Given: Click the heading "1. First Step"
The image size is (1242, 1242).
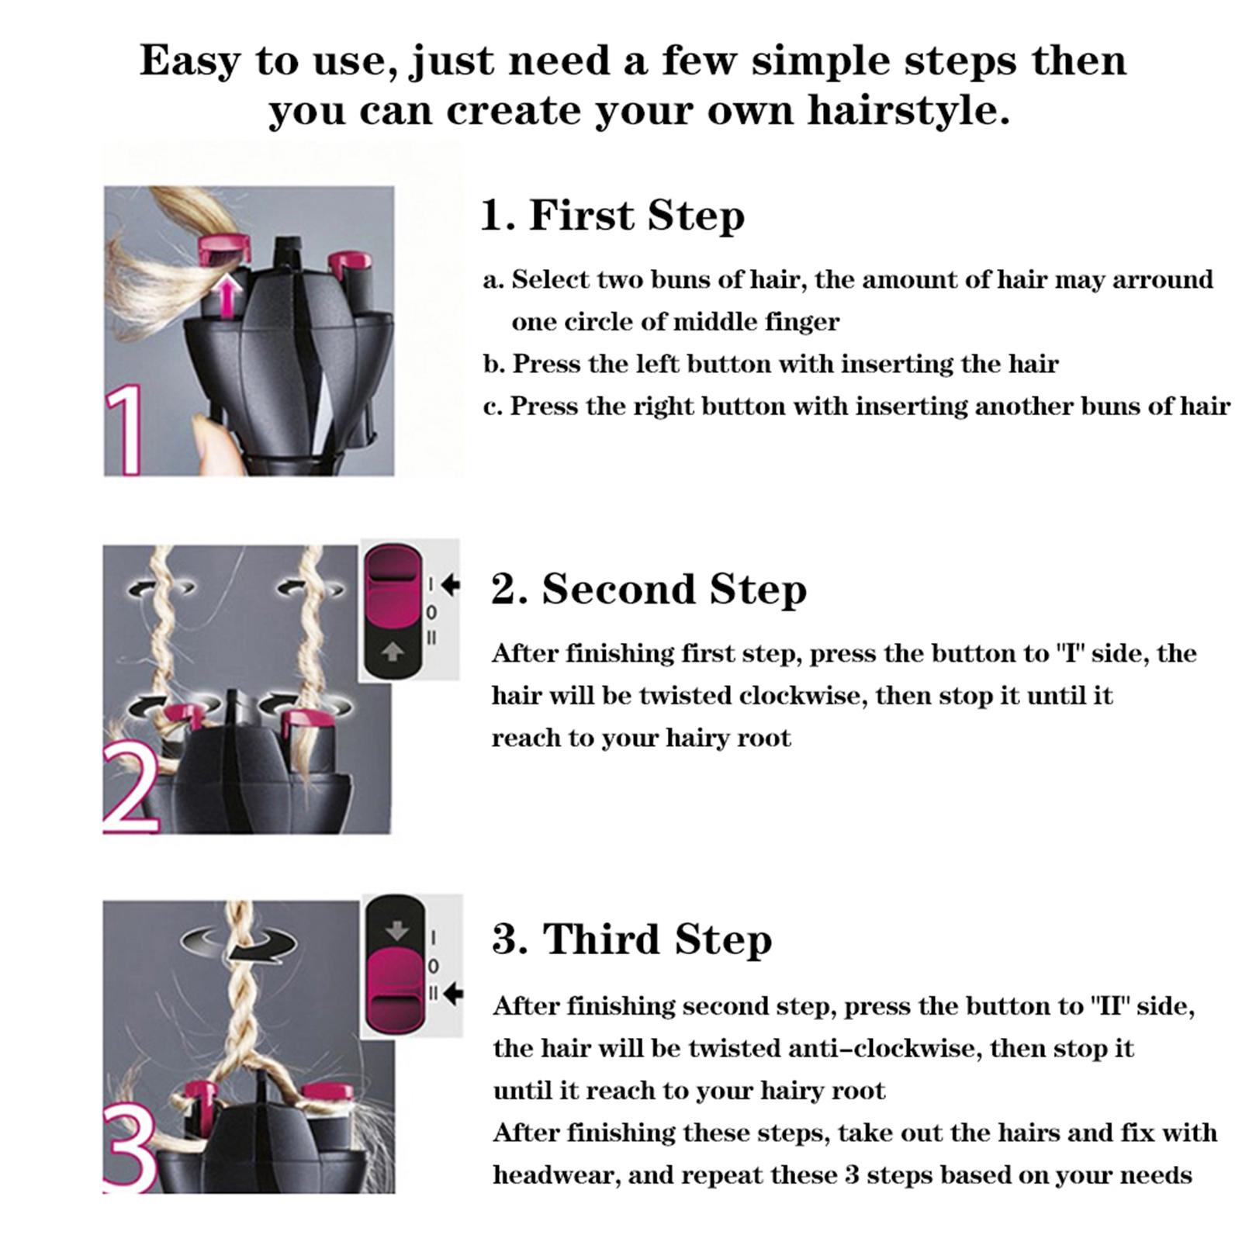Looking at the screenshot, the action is point(612,215).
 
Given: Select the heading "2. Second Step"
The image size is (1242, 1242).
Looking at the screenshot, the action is point(649,589).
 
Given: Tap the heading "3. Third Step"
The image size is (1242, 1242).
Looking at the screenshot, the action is point(632,939).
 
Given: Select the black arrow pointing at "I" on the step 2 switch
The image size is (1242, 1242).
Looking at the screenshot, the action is point(450,584).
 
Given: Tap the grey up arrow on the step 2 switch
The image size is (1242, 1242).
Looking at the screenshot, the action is point(393,653).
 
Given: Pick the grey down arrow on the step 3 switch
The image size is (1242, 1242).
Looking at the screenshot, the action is point(396,930).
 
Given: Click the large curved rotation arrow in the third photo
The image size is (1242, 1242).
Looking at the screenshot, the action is point(239,945).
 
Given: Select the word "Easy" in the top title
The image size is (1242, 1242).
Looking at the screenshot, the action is point(189,61).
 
